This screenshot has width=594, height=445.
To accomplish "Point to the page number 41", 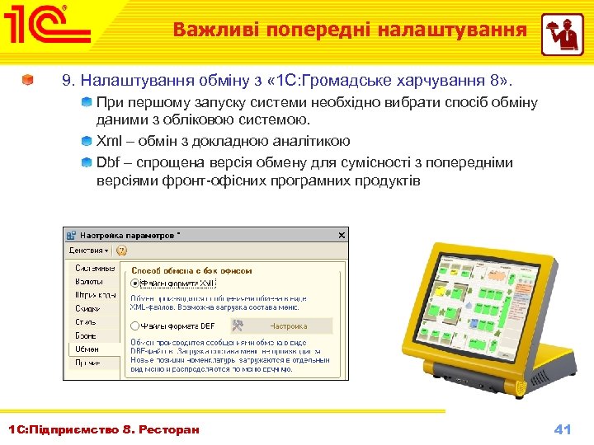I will point(563,429).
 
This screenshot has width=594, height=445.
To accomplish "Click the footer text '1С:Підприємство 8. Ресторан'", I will point(104,429).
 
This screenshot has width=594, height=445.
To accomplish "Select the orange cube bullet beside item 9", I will point(29,82).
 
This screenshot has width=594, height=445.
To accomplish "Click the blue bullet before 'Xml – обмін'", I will point(87,141).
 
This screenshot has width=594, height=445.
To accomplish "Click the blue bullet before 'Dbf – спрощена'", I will point(87,162).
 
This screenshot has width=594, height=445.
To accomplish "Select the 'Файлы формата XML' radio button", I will point(134,283).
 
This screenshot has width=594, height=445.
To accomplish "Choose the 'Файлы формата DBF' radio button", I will point(134,326).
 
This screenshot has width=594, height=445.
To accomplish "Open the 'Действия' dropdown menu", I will point(87,250).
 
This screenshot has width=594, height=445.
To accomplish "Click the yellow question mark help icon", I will point(121,250).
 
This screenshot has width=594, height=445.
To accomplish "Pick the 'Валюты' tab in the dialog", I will point(89,282).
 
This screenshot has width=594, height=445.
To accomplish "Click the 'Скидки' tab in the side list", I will point(88,308).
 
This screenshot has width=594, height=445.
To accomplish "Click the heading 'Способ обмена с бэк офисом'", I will point(191,270).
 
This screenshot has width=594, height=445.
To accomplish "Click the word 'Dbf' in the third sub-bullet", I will point(107,162).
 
